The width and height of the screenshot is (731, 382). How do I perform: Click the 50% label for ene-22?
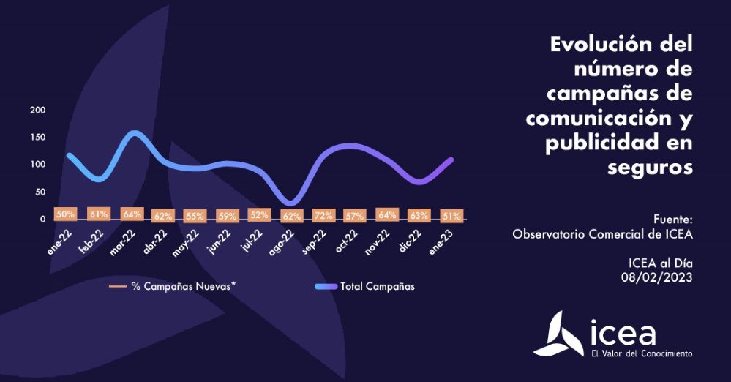[x=66, y=214]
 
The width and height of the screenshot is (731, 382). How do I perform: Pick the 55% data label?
[x=195, y=216]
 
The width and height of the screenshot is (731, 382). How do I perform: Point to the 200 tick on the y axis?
[x=37, y=110]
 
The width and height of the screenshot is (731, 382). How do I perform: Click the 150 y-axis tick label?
[x=37, y=137]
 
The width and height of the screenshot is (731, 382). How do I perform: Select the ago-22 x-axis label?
[x=282, y=239]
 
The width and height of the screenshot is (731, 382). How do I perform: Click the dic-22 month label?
[x=411, y=238]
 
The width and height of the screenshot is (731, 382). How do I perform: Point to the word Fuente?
[x=672, y=219]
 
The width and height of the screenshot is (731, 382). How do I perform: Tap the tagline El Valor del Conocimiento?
[x=642, y=353]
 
